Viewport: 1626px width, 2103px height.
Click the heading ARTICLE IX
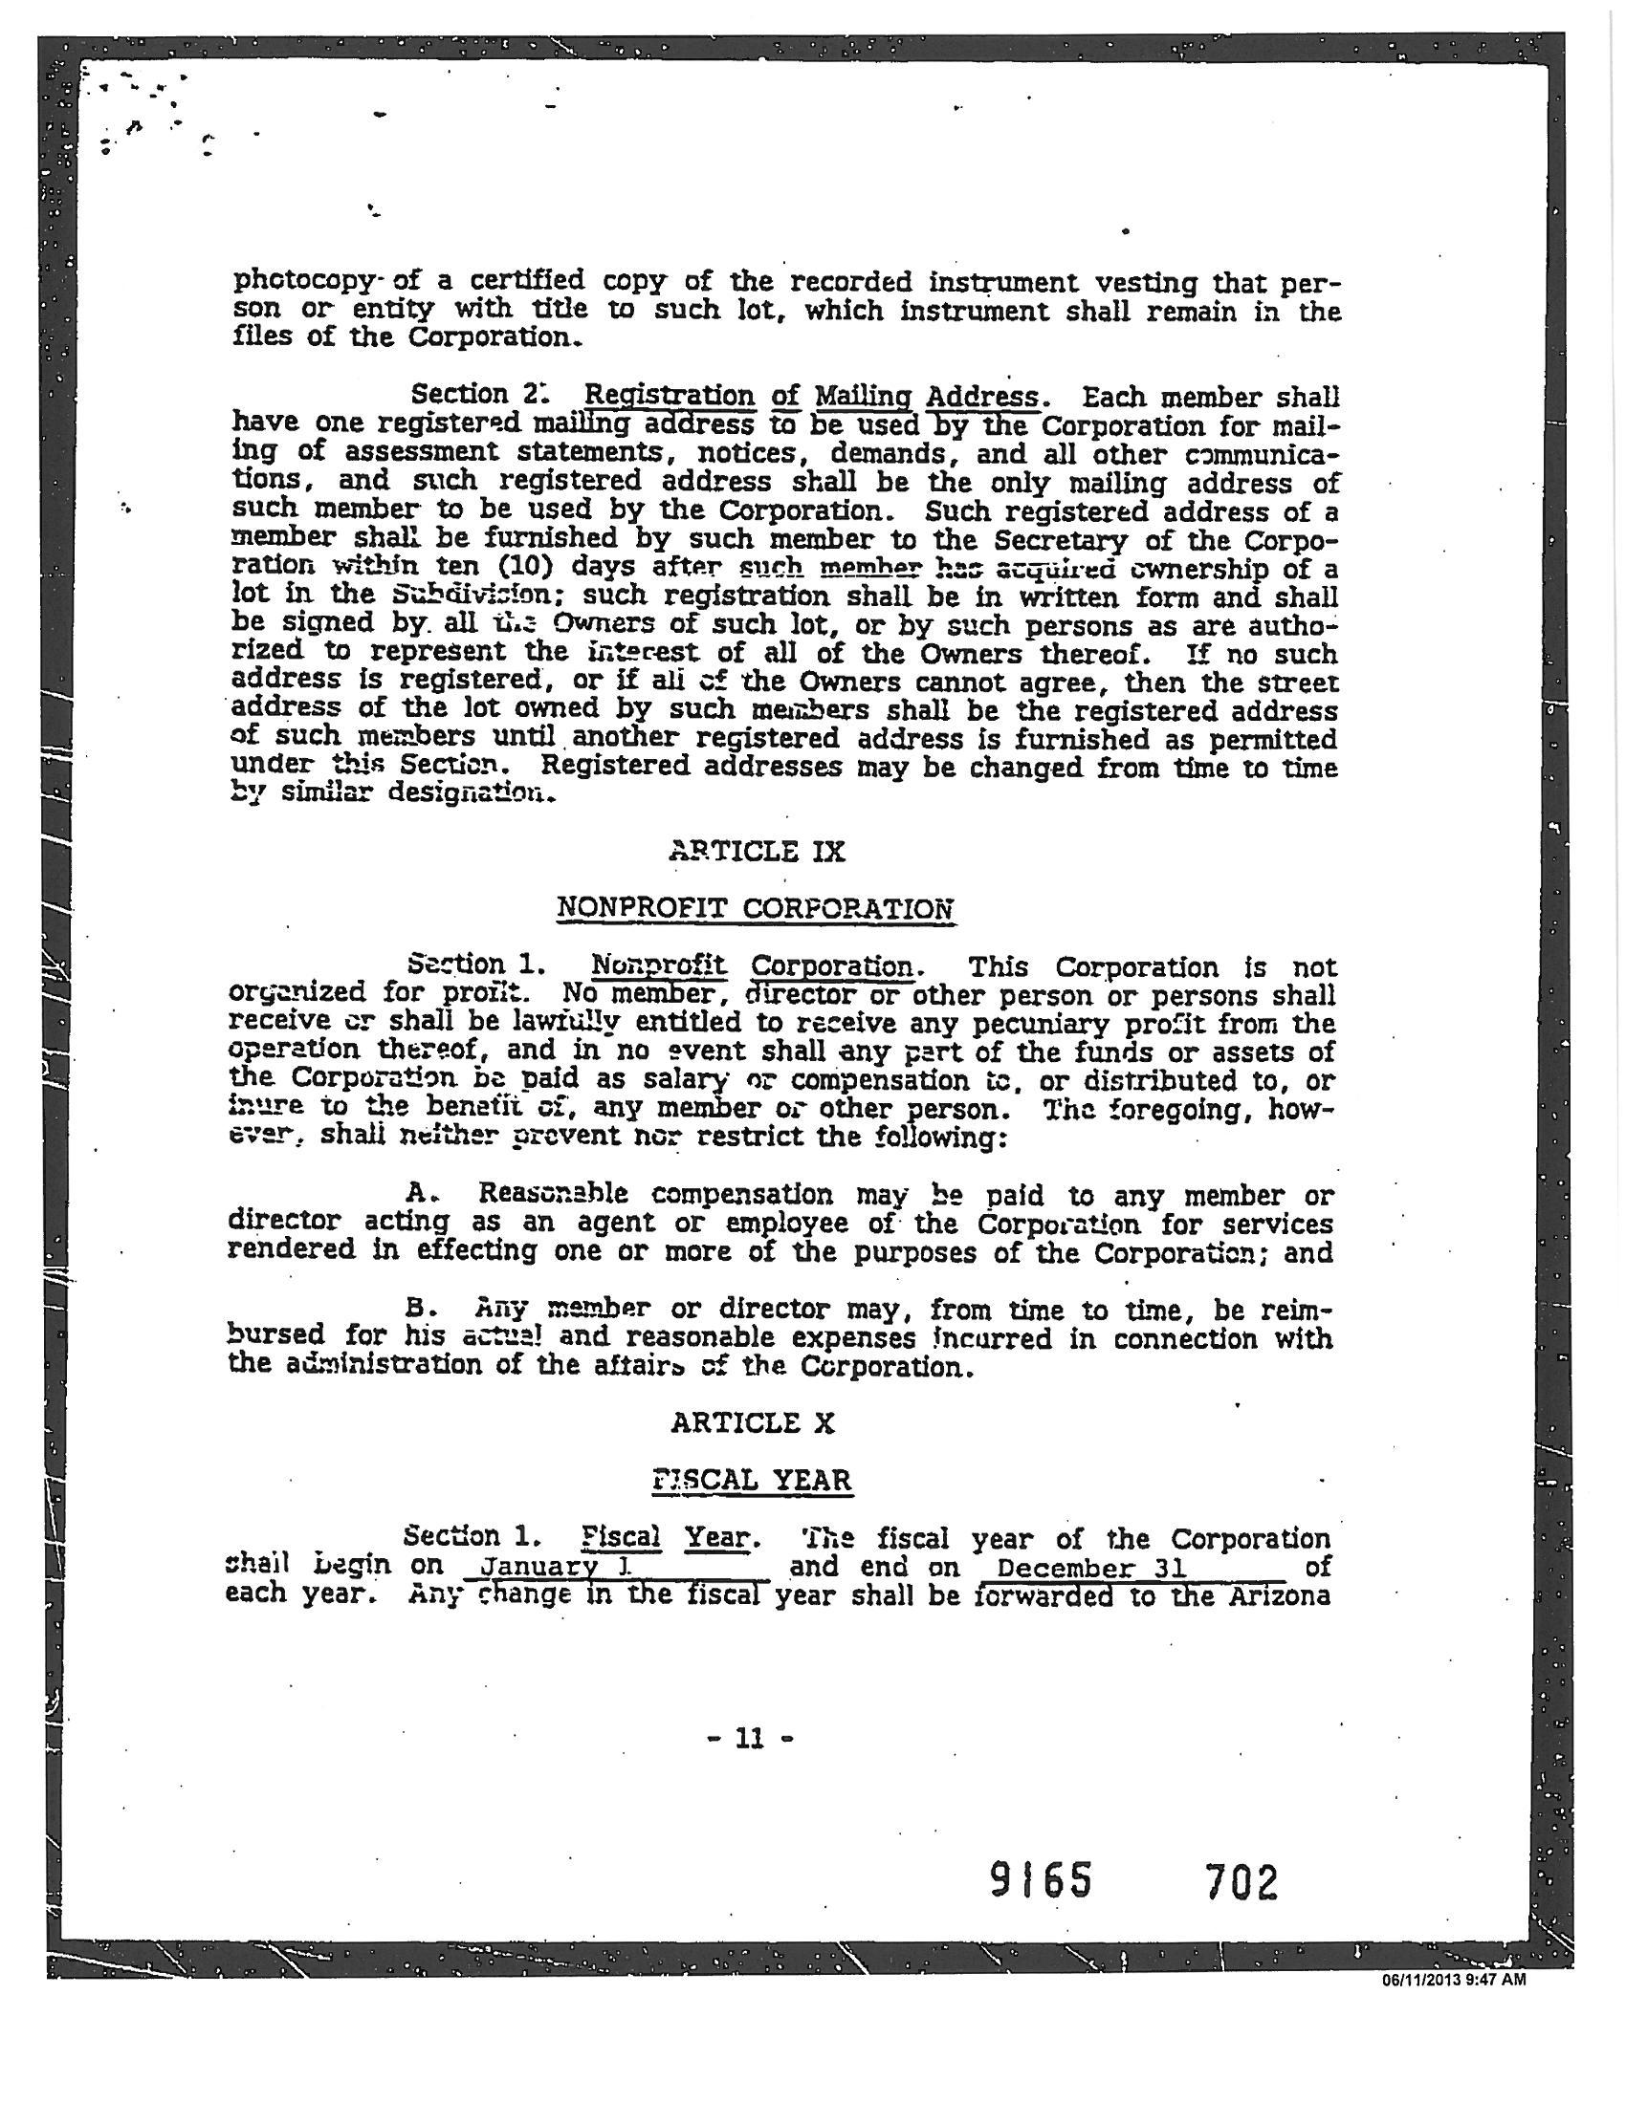coord(757,852)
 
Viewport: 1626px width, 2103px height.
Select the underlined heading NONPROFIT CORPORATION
coord(757,908)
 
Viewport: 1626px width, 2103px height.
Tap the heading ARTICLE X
coord(753,1423)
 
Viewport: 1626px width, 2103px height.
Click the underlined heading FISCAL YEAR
coord(753,1480)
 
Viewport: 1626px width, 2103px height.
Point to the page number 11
coord(749,1738)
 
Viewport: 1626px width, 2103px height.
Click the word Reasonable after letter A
coord(554,1194)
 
